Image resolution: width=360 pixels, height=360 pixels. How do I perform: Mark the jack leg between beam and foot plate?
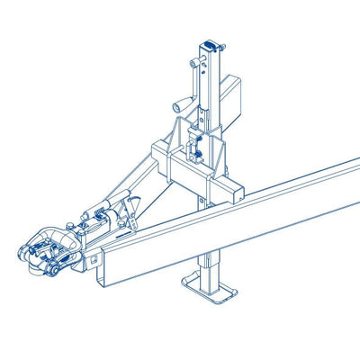(x=213, y=266)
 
